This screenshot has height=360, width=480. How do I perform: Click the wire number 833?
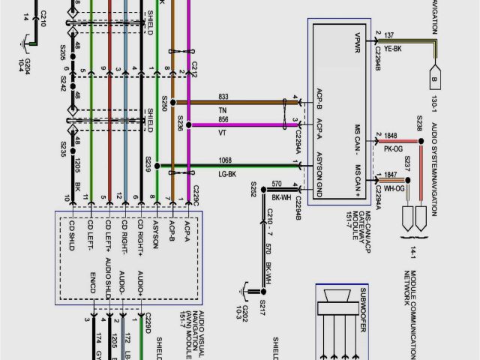[223, 97]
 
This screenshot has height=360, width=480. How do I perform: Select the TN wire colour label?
[223, 110]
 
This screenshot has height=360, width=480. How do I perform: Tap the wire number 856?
[223, 119]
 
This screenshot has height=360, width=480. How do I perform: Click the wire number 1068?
[226, 160]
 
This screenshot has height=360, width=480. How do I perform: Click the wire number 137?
[389, 35]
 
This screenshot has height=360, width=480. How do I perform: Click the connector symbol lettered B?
[433, 79]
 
